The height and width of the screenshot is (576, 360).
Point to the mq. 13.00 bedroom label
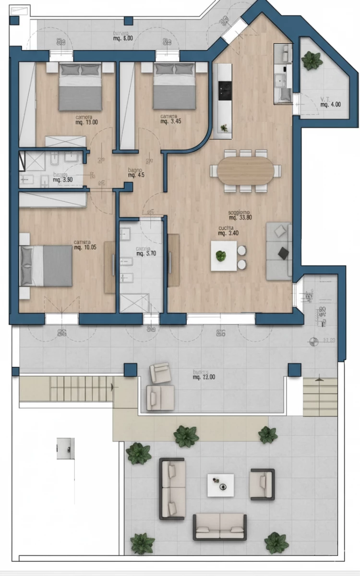(x=86, y=122)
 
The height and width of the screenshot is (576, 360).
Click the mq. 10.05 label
(x=85, y=248)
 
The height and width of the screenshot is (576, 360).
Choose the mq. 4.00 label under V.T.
(x=330, y=104)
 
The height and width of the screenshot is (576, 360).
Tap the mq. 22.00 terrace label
(x=204, y=377)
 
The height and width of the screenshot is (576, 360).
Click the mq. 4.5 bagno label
(x=136, y=175)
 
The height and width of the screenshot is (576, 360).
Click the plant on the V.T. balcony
(x=312, y=60)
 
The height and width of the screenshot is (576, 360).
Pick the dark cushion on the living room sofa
(x=284, y=252)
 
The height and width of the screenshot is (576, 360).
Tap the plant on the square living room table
(x=221, y=256)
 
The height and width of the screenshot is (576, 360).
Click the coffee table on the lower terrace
(x=221, y=485)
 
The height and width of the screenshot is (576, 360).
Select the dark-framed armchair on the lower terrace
(x=262, y=484)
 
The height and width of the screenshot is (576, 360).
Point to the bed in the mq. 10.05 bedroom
(x=47, y=265)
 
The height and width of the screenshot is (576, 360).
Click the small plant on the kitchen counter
(x=224, y=128)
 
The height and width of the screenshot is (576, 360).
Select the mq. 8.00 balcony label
(x=123, y=37)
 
